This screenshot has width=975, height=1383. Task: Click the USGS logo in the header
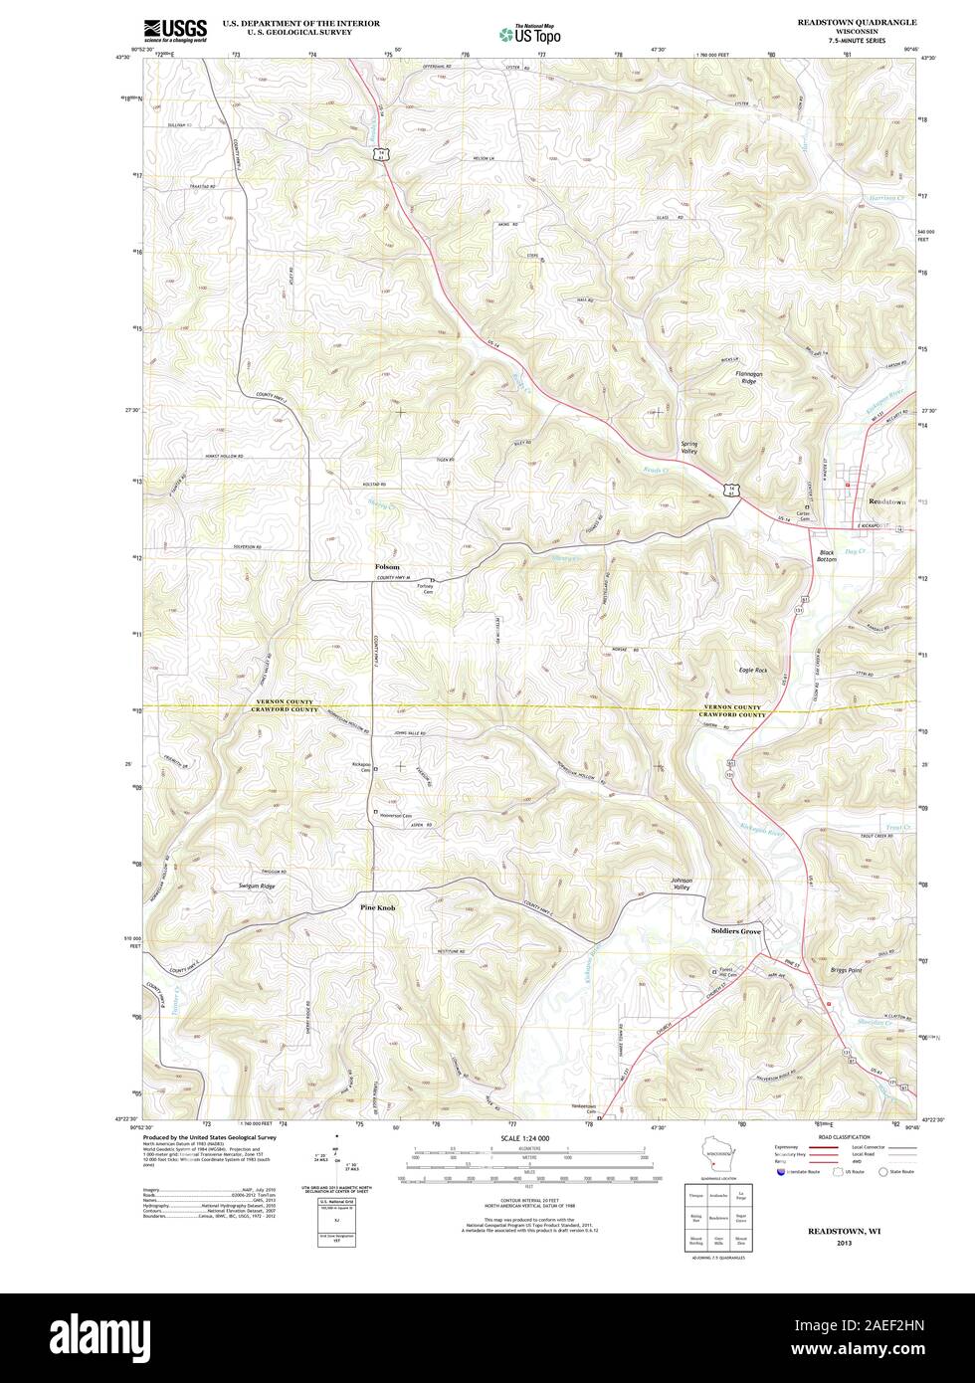point(175,30)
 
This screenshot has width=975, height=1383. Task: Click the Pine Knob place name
point(378,907)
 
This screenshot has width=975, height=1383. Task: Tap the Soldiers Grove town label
point(736,930)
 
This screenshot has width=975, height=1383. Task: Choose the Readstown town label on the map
point(887,501)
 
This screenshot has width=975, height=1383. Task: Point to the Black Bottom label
point(827,556)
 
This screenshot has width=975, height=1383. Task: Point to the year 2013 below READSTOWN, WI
point(844,1243)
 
